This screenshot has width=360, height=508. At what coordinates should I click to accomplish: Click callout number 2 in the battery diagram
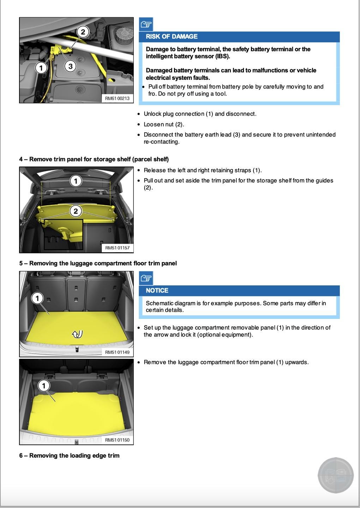pos(83,32)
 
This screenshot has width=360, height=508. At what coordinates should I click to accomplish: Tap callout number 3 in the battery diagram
pos(71,66)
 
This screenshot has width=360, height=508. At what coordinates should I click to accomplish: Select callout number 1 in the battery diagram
pos(41,67)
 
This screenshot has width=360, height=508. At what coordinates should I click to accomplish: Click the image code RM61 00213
pos(117,98)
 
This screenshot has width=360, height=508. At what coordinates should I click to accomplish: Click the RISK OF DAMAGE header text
pos(172,37)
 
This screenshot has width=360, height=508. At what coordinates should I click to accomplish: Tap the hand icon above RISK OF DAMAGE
pos(146,24)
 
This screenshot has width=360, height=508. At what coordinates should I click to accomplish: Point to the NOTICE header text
pos(157,291)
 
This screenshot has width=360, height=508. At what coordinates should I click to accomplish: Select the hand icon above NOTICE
pos(146,278)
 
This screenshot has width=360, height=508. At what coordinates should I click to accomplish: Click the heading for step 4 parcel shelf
pos(94,159)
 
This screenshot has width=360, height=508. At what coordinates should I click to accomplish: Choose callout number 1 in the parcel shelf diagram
pos(76,181)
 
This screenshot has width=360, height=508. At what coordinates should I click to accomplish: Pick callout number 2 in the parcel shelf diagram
pos(76,211)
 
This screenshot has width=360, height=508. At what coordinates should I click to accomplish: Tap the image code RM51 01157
pos(117,248)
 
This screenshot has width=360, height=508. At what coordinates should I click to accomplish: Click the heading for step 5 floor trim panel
pos(98,264)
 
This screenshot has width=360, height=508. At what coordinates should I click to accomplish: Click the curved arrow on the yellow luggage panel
pos(77,334)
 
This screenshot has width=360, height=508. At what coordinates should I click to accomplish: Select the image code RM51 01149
pos(117,352)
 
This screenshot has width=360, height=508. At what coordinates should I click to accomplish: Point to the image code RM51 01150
pos(117,440)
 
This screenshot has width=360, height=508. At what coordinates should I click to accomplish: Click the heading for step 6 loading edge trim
pos(70,456)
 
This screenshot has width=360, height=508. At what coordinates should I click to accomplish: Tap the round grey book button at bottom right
pos(336,475)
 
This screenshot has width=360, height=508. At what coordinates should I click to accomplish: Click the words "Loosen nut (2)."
pos(164,125)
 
